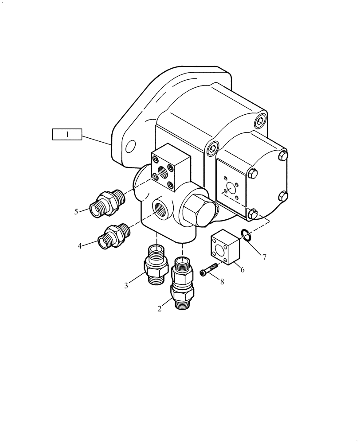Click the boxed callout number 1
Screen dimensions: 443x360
67,134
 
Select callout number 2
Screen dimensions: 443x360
160,309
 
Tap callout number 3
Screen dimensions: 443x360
126,286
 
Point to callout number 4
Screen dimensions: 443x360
80,245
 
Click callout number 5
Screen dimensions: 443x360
76,212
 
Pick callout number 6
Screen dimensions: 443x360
242,268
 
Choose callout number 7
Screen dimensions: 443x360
264,256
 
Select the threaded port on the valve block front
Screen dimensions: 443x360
160,208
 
